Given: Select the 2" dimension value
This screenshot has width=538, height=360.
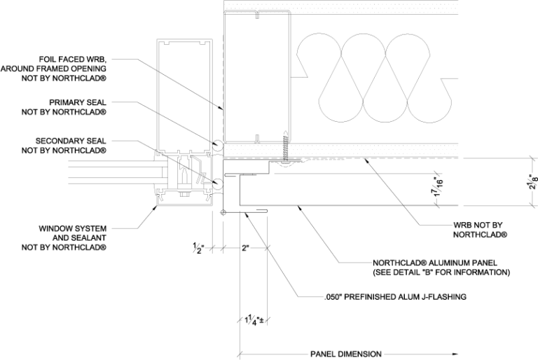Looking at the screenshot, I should pos(244,248).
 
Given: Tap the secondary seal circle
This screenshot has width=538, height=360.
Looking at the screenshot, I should pos(217,184).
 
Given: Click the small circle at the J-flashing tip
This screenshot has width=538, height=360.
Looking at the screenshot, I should pos(223,212).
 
